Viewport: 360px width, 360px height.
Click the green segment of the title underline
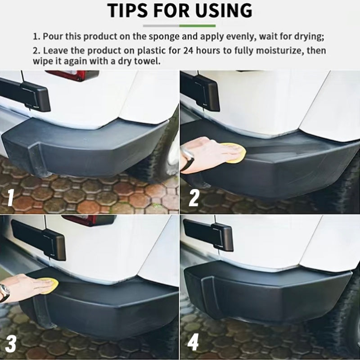(x=198, y=26)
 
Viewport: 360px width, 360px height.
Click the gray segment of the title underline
(x=161, y=26)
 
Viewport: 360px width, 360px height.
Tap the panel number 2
(x=193, y=198)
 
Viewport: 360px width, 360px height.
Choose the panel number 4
(x=193, y=343)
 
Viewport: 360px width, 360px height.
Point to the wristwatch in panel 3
(x=4, y=292)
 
